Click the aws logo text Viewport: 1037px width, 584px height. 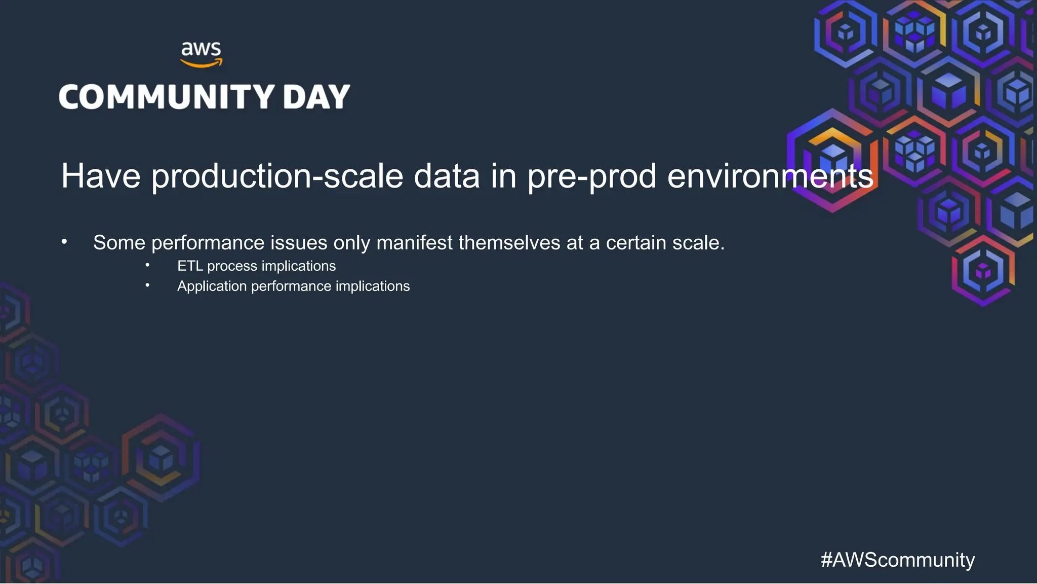(x=201, y=49)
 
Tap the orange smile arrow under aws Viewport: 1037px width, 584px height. (x=202, y=64)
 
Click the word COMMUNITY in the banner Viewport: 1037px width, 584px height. (x=167, y=97)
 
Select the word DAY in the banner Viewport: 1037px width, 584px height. (x=316, y=97)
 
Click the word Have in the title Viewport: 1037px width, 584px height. (x=101, y=176)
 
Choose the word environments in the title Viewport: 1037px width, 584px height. (x=770, y=176)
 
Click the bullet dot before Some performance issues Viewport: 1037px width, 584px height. (x=64, y=242)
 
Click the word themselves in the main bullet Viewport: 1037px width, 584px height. (x=509, y=243)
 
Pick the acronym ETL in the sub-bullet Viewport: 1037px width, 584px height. (x=190, y=266)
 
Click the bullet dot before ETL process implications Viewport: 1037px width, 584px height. (x=147, y=265)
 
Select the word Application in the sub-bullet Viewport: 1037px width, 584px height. (x=212, y=286)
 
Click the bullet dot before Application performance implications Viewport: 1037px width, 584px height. (x=147, y=285)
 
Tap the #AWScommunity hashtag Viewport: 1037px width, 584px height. (x=897, y=560)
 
